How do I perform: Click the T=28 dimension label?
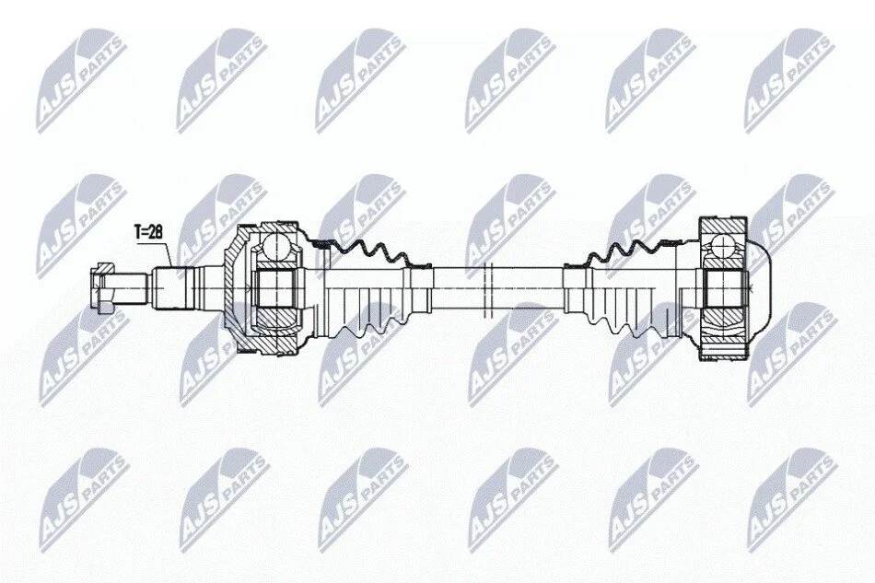point(148,232)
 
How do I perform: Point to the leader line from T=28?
point(167,253)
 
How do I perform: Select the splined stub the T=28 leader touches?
point(176,288)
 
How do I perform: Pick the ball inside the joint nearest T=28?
point(274,246)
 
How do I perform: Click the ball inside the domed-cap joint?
point(724,245)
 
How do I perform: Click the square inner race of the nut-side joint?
point(275,288)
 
